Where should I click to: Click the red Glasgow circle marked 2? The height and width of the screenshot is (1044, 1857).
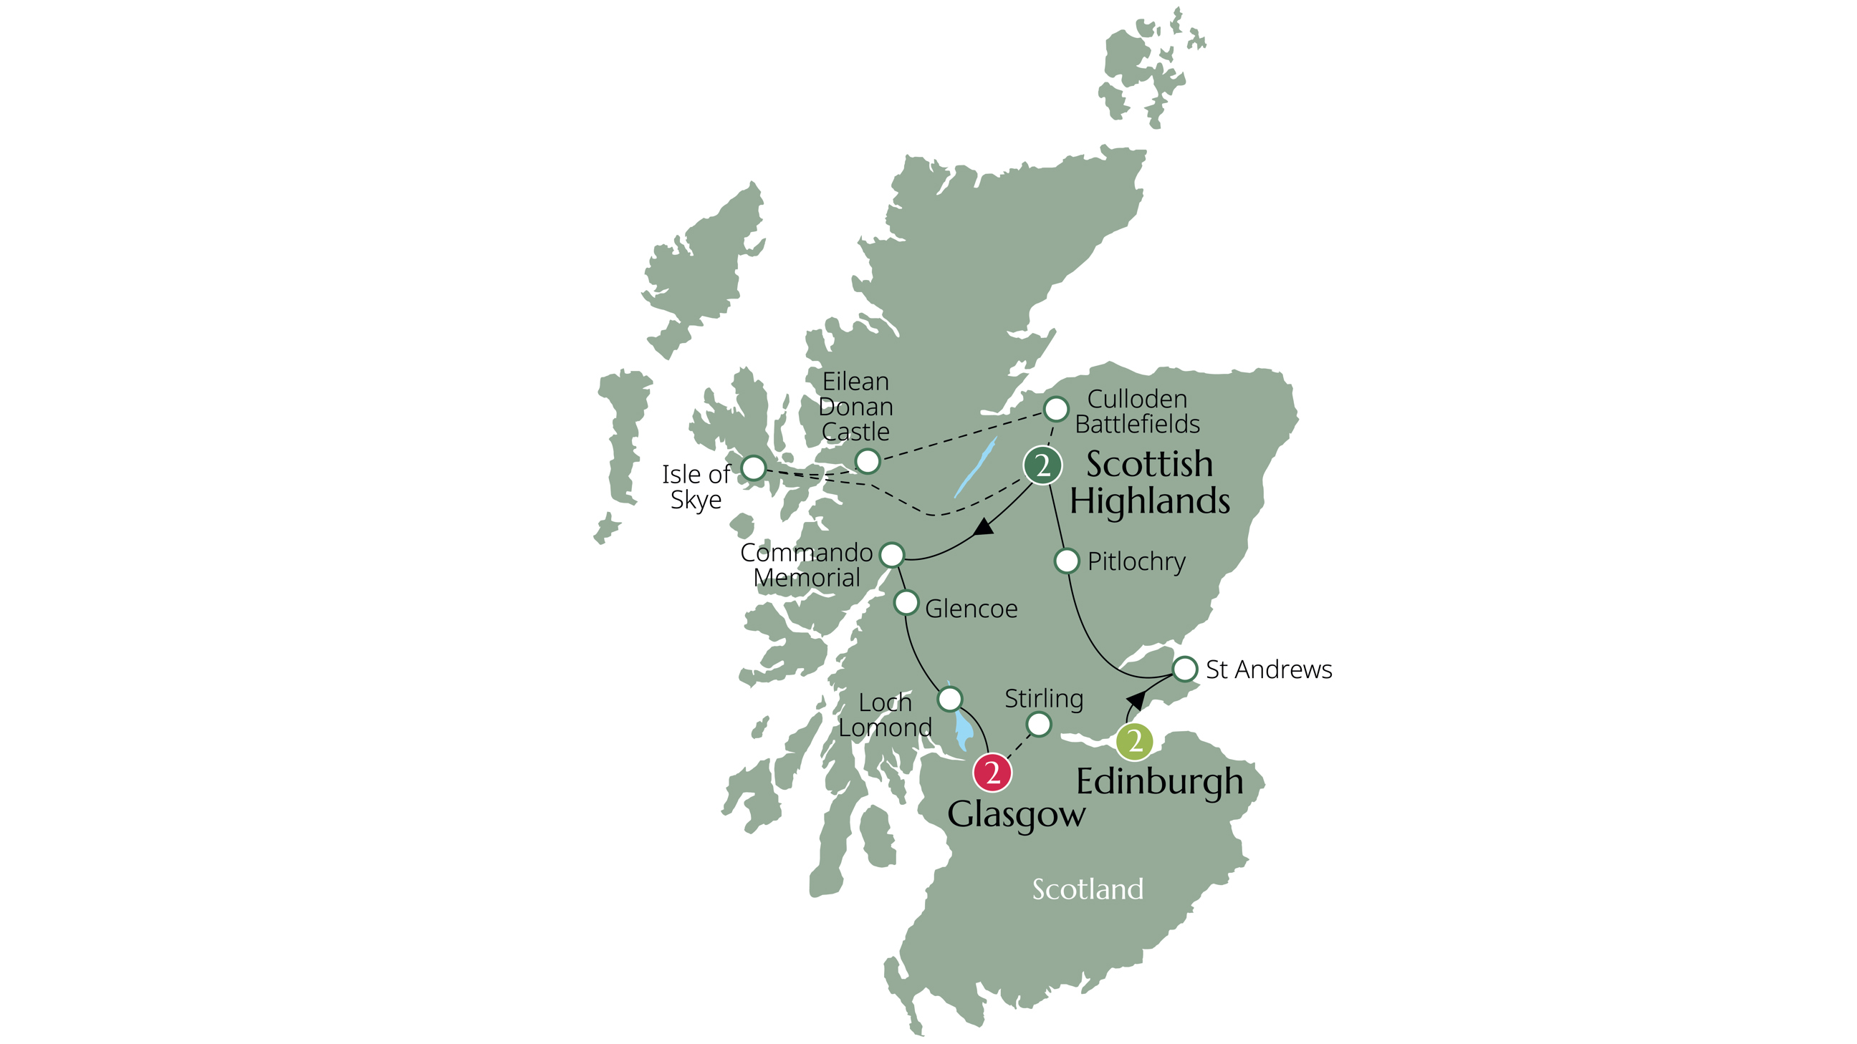pyautogui.click(x=992, y=773)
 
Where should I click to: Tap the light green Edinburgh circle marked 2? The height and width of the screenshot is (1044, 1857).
pyautogui.click(x=1134, y=741)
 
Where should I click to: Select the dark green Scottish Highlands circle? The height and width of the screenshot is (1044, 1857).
pyautogui.click(x=1042, y=465)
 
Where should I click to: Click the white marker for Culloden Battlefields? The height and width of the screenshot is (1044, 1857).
pyautogui.click(x=1056, y=410)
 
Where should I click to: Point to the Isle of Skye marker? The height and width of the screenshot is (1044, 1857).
pyautogui.click(x=753, y=468)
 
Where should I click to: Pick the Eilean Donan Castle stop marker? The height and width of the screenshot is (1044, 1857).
pyautogui.click(x=867, y=461)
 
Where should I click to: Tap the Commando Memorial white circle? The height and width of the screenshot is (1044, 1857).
pyautogui.click(x=892, y=555)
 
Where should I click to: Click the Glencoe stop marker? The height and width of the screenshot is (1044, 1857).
pyautogui.click(x=906, y=602)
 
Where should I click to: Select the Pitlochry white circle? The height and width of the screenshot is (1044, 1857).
pyautogui.click(x=1067, y=561)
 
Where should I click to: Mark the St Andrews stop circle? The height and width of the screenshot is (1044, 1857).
pyautogui.click(x=1185, y=669)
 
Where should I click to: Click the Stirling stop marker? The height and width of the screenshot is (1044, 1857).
pyautogui.click(x=1039, y=724)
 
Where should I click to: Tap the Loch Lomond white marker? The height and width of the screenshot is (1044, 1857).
pyautogui.click(x=950, y=698)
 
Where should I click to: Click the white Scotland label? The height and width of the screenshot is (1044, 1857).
pyautogui.click(x=1087, y=889)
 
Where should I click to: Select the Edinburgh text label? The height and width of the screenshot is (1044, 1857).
pyautogui.click(x=1159, y=783)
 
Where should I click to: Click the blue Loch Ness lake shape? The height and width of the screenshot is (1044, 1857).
pyautogui.click(x=976, y=467)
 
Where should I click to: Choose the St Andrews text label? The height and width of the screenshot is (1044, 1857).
pyautogui.click(x=1269, y=670)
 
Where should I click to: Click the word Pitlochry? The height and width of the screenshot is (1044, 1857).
pyautogui.click(x=1136, y=561)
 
